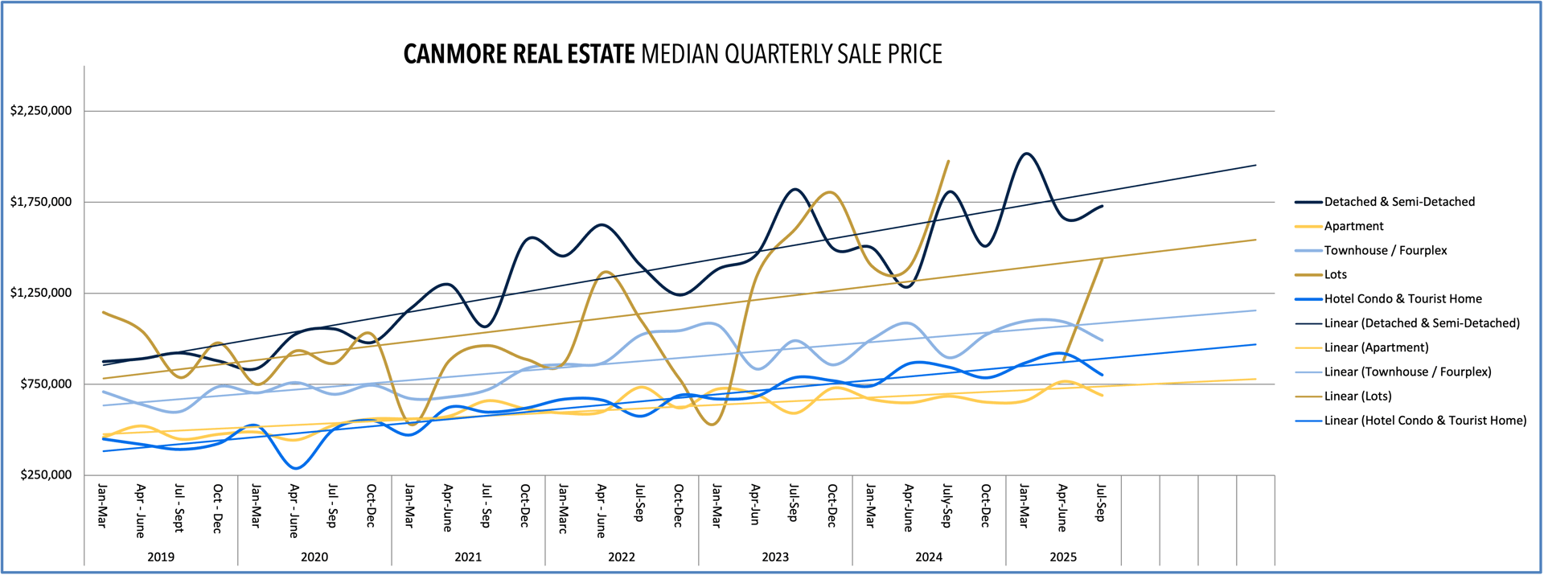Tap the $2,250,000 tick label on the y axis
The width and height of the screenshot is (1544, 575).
click(x=41, y=111)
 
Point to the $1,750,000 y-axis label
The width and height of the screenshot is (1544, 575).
click(x=41, y=202)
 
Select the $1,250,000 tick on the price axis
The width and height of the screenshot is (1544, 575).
click(x=41, y=293)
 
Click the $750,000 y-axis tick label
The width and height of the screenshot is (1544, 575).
click(x=46, y=384)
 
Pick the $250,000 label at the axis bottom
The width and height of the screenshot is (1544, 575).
click(x=46, y=474)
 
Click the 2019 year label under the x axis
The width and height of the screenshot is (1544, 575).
click(x=161, y=557)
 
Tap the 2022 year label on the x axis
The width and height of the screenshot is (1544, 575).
click(x=622, y=557)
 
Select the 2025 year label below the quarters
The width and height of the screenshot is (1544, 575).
click(x=1063, y=557)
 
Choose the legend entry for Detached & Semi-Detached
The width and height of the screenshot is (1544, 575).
click(x=1399, y=202)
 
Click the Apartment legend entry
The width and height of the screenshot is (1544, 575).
click(x=1353, y=226)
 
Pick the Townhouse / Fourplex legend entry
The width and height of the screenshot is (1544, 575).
click(x=1385, y=250)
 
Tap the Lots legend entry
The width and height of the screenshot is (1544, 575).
click(x=1335, y=274)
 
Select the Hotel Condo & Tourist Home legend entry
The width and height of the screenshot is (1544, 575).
click(x=1402, y=298)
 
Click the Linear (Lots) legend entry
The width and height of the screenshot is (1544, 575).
click(x=1357, y=396)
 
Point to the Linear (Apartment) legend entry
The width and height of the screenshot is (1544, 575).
click(x=1376, y=347)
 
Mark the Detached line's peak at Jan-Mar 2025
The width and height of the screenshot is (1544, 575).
click(x=1025, y=154)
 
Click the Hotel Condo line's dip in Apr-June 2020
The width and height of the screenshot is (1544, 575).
click(x=295, y=468)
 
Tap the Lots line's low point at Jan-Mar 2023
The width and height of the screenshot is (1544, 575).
click(x=713, y=424)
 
